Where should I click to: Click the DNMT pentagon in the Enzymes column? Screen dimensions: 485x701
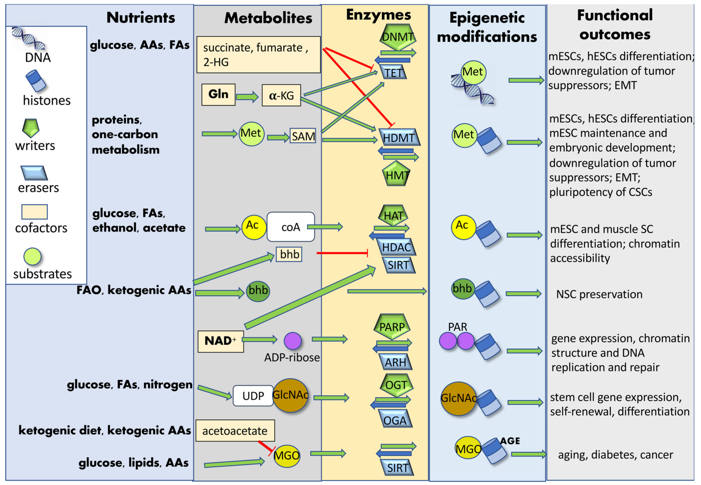click(398, 37)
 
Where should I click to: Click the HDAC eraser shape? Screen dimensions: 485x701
click(396, 247)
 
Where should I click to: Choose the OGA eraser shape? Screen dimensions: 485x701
click(395, 420)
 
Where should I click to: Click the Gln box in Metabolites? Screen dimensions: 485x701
click(218, 94)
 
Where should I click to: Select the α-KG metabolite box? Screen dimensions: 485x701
click(281, 96)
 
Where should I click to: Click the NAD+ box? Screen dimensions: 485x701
click(220, 341)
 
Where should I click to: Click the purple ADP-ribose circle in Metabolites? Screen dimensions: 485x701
click(293, 340)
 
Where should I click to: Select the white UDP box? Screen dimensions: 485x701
click(253, 396)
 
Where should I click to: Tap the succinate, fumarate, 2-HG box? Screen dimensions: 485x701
click(258, 55)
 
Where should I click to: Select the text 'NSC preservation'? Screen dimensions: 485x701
click(599, 294)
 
